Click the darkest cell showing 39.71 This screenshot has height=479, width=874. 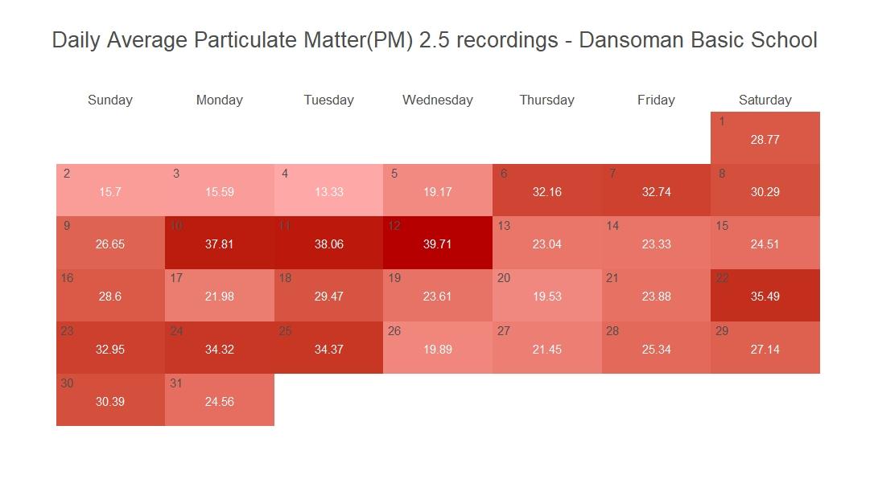(437, 243)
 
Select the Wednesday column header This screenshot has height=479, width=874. (437, 100)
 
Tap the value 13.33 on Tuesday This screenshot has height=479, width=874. (328, 192)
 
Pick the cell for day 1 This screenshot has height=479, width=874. (765, 138)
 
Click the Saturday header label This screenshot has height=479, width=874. (765, 100)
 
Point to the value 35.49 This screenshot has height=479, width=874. (765, 297)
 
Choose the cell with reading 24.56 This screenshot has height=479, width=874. (219, 400)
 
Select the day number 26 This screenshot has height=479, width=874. (394, 331)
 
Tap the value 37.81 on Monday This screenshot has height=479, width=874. (219, 244)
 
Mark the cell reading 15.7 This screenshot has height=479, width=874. (110, 190)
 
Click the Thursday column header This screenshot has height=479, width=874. (546, 100)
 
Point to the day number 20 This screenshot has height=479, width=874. (504, 278)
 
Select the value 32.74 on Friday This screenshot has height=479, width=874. (656, 192)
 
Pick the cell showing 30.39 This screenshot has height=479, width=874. (110, 400)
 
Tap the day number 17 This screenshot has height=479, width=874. (176, 278)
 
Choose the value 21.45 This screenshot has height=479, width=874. (546, 350)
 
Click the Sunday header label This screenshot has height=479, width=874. (110, 100)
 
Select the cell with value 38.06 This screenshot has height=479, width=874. (328, 243)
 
